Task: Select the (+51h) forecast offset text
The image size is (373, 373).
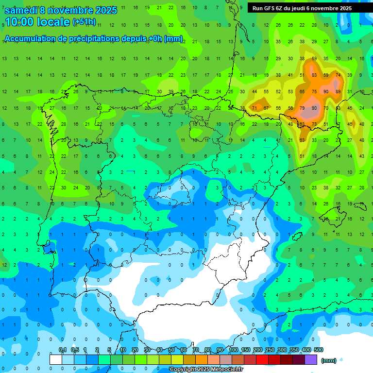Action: click(84, 22)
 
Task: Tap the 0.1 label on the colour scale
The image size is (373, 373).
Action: click(62, 350)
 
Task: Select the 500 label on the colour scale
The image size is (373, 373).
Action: click(318, 350)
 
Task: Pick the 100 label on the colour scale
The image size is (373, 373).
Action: click(233, 350)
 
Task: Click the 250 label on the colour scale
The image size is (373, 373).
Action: click(270, 350)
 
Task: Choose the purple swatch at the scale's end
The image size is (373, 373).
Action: click(311, 359)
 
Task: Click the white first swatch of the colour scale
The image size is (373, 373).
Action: click(56, 359)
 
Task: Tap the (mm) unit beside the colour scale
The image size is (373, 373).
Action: click(329, 360)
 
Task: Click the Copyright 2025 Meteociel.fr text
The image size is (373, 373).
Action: click(206, 370)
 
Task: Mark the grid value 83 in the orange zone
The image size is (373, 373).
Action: click(314, 75)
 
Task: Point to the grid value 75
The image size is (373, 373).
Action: click(314, 91)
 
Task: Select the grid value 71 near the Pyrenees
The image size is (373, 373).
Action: click(254, 108)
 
